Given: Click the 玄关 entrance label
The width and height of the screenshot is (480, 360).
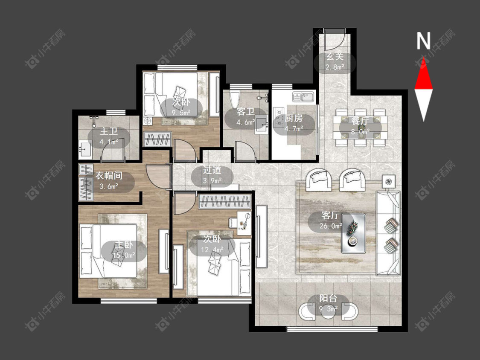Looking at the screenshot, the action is pos(334,57).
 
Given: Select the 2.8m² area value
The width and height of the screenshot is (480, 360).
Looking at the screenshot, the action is pos(335,67).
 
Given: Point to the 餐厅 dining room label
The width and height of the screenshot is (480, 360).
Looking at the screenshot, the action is pos(360,121).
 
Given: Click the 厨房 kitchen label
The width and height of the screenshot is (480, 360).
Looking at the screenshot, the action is pos(294,118).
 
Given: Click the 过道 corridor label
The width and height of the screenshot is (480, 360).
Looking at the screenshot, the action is pos(212,170).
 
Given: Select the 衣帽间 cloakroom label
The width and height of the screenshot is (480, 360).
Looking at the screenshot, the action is pos(109,175).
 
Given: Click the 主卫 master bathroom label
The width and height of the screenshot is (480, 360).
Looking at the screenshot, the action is pos(109,132).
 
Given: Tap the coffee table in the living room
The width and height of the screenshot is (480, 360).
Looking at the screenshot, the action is pos(354,233).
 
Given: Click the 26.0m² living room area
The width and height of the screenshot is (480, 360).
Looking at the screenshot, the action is pos(331,226).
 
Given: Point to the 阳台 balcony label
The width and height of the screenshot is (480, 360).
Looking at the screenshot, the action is pos(328,298).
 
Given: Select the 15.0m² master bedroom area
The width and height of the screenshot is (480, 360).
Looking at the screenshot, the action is pos(124,255).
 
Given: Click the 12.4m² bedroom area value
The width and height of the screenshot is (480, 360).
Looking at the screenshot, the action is pos(212,250).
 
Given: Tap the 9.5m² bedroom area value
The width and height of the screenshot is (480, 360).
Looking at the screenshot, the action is pos(180,113).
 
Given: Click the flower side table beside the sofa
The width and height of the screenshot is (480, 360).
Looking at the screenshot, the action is pos(389,182).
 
